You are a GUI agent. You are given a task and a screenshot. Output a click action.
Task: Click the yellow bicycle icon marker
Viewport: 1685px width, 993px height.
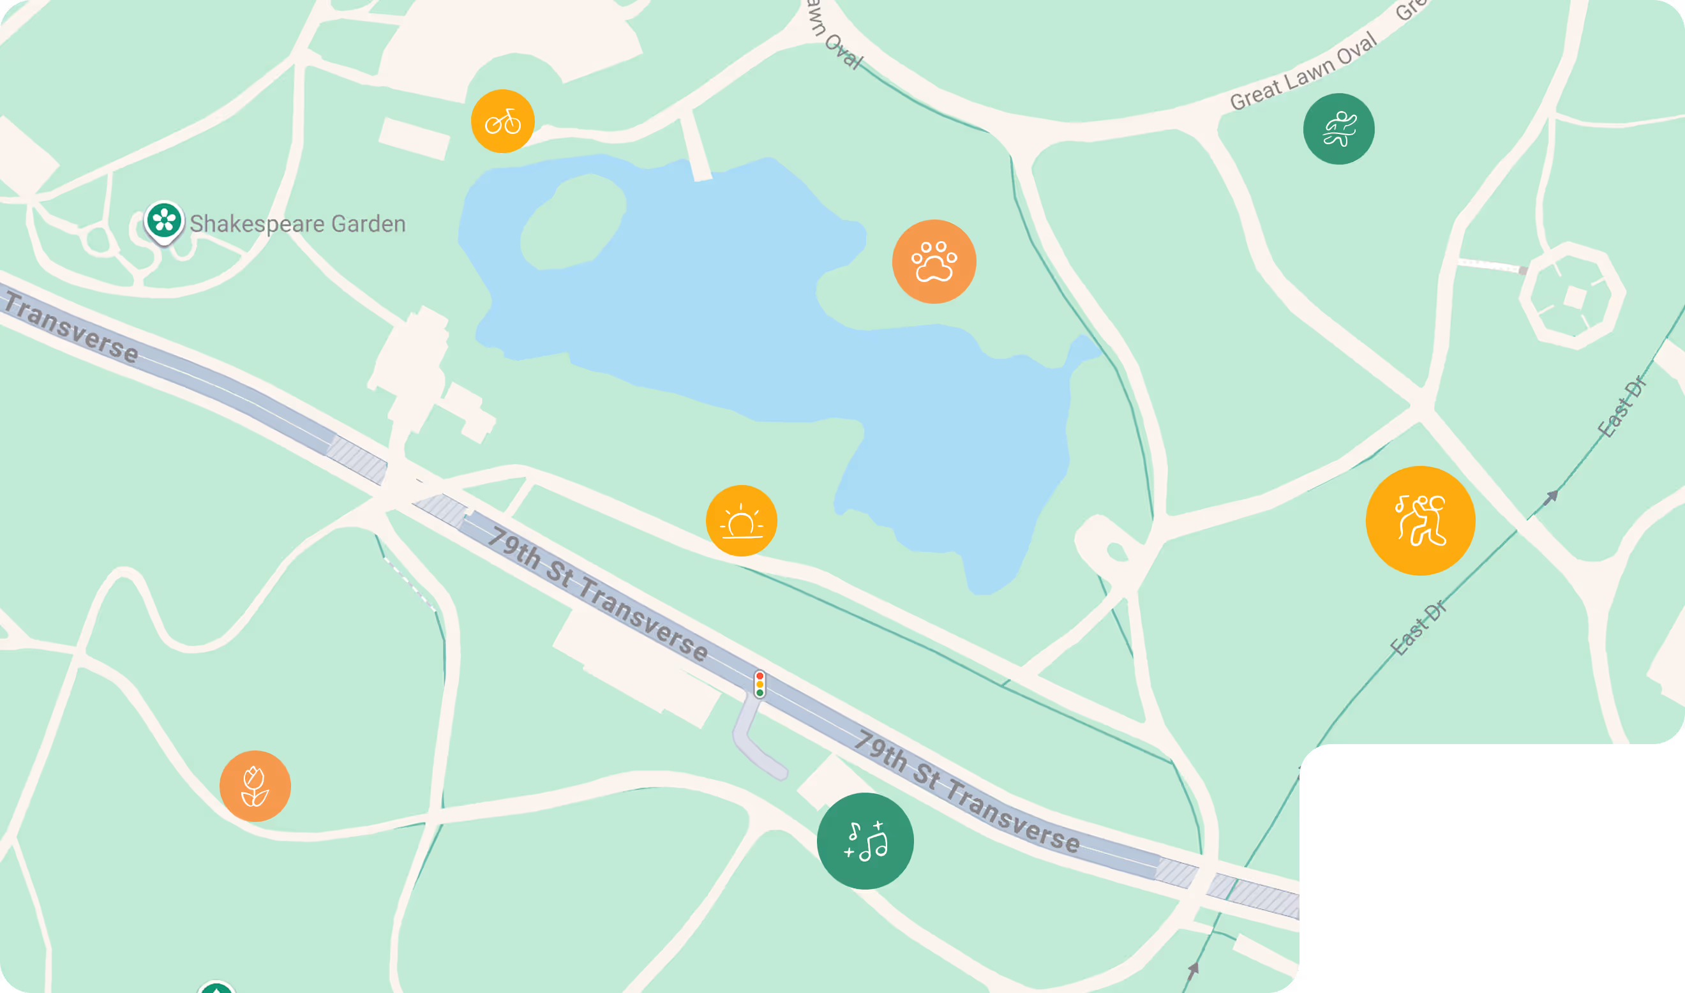tap(502, 121)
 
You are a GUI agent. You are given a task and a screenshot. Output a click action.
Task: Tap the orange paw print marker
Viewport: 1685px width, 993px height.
tap(934, 262)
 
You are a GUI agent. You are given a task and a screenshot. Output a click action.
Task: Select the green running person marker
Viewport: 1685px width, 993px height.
tap(1338, 128)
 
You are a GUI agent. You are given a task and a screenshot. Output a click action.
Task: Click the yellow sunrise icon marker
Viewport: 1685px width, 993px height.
tap(741, 521)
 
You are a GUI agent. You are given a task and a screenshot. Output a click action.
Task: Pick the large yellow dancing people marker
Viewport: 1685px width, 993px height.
tap(1420, 521)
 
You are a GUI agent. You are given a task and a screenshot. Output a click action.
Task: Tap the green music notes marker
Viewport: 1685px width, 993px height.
tap(865, 841)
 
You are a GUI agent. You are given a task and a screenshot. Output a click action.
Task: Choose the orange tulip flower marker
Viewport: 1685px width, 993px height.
tap(255, 786)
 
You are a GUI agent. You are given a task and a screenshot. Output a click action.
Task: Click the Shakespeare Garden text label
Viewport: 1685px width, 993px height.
tap(298, 223)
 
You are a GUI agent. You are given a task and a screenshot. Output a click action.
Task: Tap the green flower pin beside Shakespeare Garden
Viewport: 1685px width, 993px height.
tap(164, 221)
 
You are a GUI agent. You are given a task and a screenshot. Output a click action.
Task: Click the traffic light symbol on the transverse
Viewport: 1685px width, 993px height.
tap(760, 685)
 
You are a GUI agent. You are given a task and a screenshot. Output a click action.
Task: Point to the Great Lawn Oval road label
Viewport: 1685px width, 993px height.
tap(1303, 71)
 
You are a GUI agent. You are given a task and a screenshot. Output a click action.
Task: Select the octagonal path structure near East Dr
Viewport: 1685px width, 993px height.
tap(1572, 295)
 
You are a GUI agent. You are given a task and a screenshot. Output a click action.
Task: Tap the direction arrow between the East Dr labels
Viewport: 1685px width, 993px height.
tap(1550, 498)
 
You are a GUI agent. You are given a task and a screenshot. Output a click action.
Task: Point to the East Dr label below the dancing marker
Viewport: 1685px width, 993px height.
tap(1418, 629)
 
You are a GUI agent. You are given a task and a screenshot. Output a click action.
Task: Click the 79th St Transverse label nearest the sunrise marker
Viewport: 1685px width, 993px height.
tap(597, 594)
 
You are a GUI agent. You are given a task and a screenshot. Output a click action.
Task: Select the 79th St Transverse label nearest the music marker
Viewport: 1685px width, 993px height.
tap(967, 791)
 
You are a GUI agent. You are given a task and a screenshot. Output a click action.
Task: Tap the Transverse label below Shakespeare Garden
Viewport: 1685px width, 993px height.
tap(71, 329)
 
